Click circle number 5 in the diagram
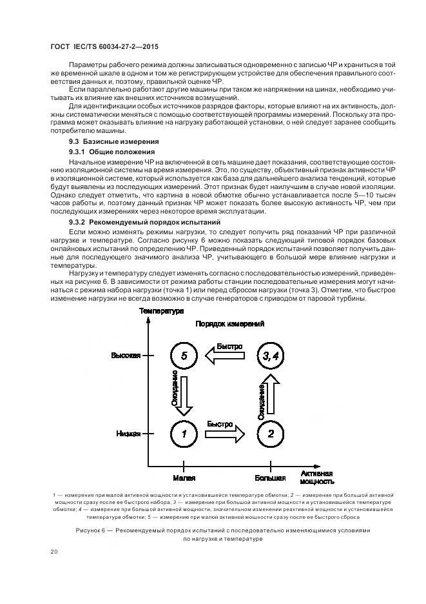[x=184, y=355]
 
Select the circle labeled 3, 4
[x=271, y=355]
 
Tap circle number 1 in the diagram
[x=184, y=434]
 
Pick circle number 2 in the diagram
[x=271, y=434]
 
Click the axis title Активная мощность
[x=317, y=477]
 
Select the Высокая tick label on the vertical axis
[x=125, y=356]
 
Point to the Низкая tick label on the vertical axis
[x=128, y=434]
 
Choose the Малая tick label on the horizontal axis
[x=184, y=478]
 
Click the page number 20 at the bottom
[x=54, y=552]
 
